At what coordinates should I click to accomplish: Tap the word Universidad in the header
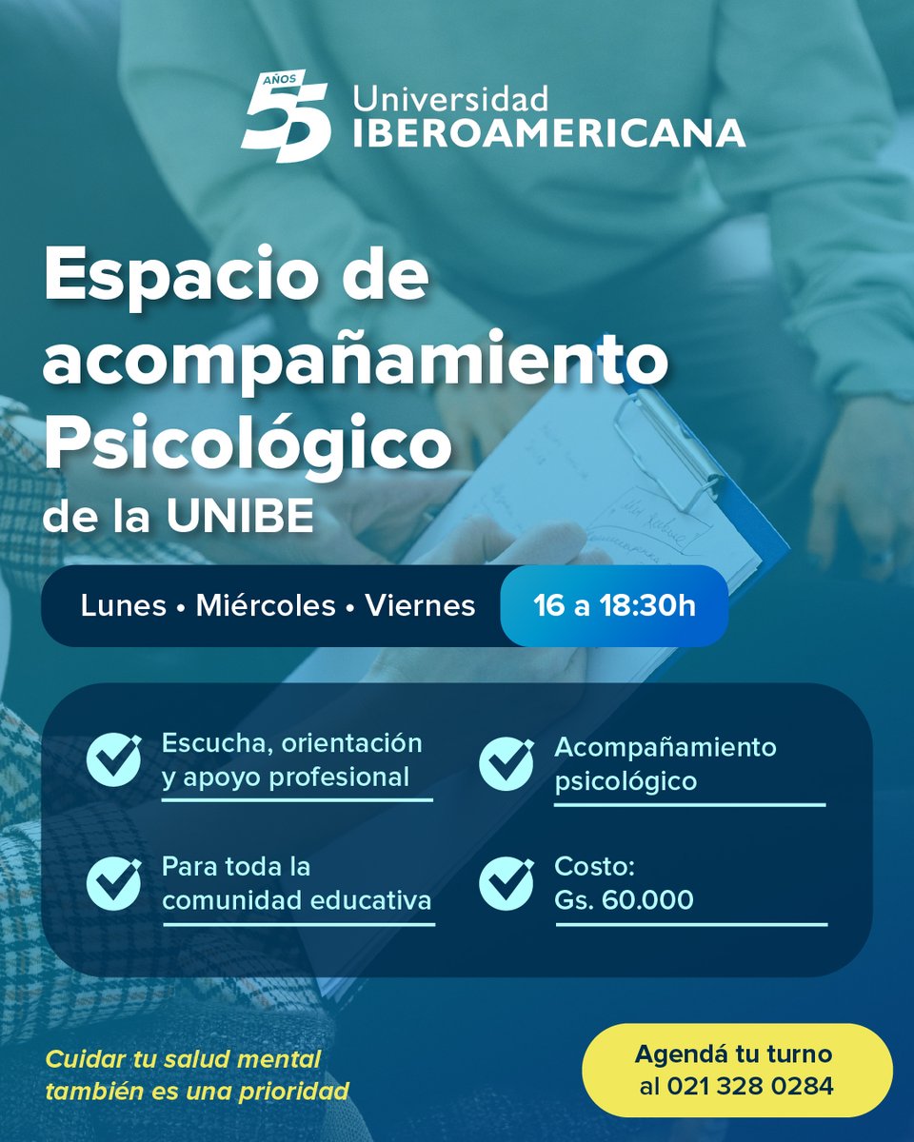click(x=450, y=99)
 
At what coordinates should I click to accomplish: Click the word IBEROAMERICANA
click(x=548, y=134)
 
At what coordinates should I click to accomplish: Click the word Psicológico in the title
click(x=247, y=444)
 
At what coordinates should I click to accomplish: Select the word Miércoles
click(x=266, y=606)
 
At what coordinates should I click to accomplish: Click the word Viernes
click(x=420, y=606)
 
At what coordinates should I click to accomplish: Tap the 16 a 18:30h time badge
click(x=614, y=606)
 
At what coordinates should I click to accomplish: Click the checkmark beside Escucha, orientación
click(x=113, y=759)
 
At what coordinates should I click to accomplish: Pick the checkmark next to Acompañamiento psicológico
click(x=506, y=764)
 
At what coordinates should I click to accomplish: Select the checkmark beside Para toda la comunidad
click(x=113, y=882)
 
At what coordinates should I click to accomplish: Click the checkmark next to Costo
click(x=506, y=883)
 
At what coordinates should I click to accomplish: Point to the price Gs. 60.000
click(x=624, y=898)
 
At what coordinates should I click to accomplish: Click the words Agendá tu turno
click(x=733, y=1054)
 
